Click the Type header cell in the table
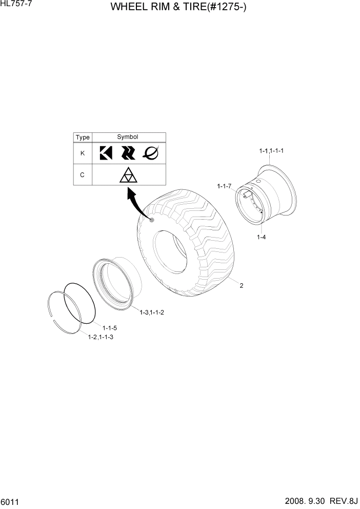[x=83, y=138]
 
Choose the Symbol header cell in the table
[x=128, y=137]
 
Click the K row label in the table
[x=83, y=153]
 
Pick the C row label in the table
[x=83, y=174]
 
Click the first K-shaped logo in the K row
[x=106, y=153]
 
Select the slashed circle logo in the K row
[x=151, y=152]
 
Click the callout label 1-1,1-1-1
[x=271, y=151]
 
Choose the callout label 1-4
[x=261, y=237]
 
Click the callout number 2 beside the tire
[x=242, y=286]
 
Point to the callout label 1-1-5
[x=110, y=328]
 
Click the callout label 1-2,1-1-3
[x=101, y=337]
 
